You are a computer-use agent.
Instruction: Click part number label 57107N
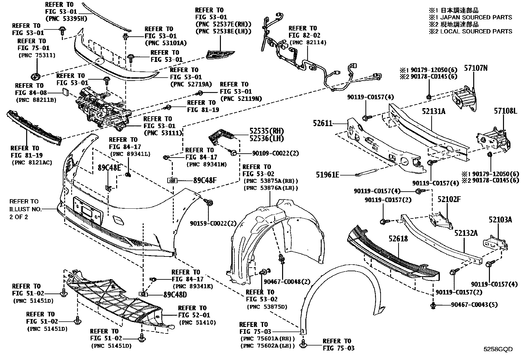[476, 68]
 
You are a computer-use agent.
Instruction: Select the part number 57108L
[505, 112]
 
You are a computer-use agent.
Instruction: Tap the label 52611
[322, 123]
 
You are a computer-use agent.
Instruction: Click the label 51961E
[327, 175]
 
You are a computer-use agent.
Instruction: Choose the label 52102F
[449, 199]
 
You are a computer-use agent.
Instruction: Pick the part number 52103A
[500, 220]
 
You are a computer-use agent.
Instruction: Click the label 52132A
[466, 233]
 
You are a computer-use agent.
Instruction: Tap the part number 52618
[398, 238]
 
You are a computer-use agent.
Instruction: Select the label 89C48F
[205, 180]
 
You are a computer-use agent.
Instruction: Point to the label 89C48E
[109, 168]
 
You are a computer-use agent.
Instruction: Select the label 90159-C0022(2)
[213, 223]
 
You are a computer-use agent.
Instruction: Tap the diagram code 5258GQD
[498, 349]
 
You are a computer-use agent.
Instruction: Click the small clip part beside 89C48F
[172, 180]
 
